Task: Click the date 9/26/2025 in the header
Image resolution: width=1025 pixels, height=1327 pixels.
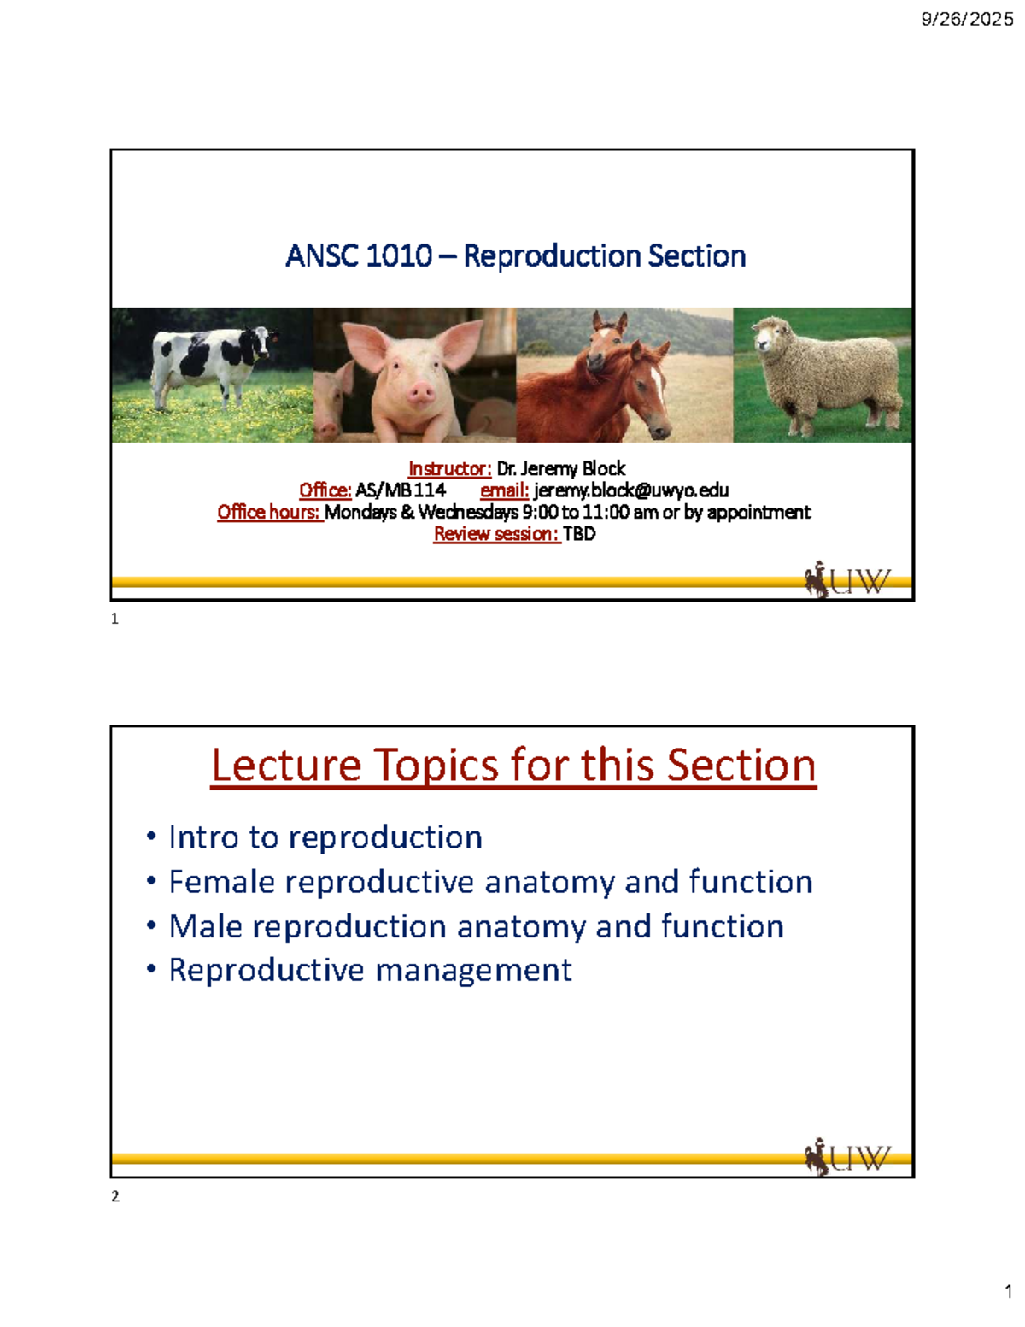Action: tap(967, 19)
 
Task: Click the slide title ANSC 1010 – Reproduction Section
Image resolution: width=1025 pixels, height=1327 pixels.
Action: tap(515, 255)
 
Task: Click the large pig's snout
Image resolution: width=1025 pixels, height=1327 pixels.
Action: tap(420, 393)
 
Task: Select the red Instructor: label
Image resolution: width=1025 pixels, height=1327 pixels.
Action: tap(449, 468)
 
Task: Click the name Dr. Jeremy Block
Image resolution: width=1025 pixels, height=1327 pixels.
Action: tap(561, 468)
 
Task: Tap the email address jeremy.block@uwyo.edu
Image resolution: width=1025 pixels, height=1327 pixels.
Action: tap(630, 490)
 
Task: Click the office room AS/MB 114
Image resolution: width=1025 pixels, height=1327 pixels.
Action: tap(401, 490)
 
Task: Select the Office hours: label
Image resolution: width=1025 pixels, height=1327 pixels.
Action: tap(268, 512)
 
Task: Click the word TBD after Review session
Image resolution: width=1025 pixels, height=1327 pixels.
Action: tap(579, 534)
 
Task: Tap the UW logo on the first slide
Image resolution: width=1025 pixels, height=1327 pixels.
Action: tap(847, 581)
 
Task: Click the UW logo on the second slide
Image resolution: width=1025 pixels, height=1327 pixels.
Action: tap(847, 1158)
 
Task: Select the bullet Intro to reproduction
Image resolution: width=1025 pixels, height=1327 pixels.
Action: tap(325, 837)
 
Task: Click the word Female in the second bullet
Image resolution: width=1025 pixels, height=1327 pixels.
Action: tap(221, 882)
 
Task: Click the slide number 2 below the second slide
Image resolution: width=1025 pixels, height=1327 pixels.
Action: tap(115, 1196)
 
